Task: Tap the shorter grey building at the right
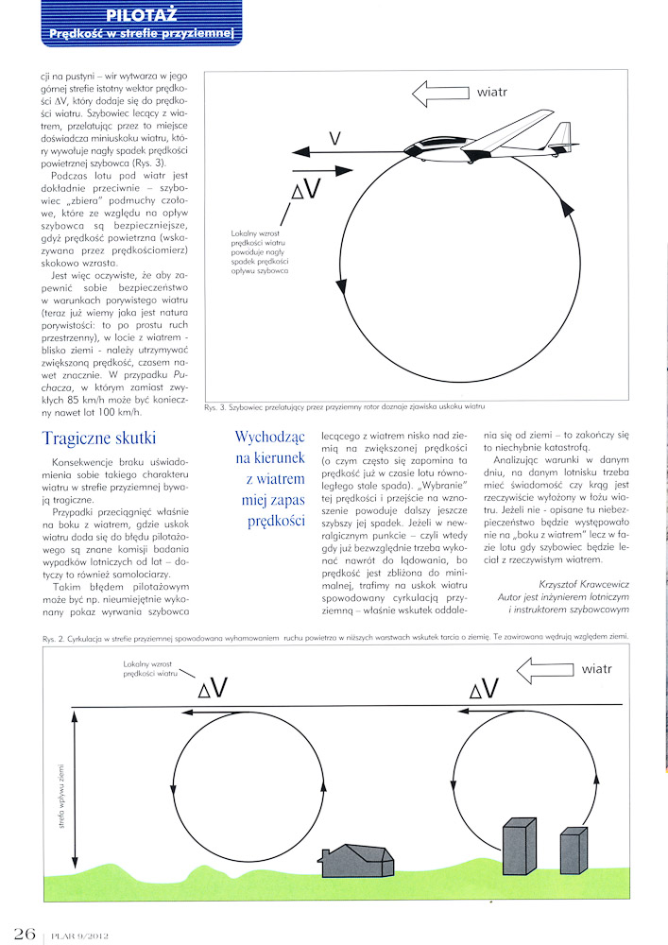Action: [574, 854]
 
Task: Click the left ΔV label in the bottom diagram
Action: [212, 689]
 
